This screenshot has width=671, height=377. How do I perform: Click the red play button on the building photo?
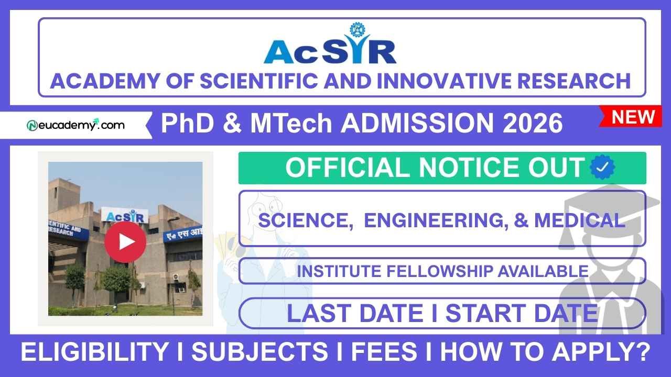tap(125, 242)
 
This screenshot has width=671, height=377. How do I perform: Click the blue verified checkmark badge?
tap(602, 168)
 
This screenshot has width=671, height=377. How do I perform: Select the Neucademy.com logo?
tap(76, 125)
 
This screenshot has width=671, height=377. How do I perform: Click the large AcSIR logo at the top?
tap(330, 47)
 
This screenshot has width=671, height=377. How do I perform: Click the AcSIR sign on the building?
tap(126, 216)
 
